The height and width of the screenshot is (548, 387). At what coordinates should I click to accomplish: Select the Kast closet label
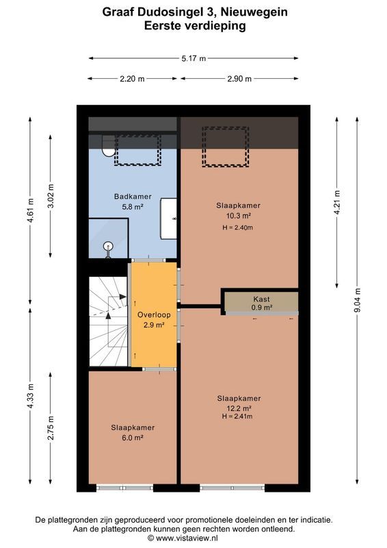[261, 299]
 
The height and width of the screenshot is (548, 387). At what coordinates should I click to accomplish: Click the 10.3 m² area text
[239, 216]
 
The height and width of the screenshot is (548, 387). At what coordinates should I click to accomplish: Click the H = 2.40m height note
[239, 227]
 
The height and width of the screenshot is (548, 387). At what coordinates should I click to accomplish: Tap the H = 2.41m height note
[239, 417]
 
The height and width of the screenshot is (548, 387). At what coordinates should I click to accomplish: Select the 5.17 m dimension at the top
[193, 59]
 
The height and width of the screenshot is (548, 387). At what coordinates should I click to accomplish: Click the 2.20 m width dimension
[132, 79]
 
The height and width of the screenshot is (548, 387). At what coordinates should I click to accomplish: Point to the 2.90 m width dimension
[240, 79]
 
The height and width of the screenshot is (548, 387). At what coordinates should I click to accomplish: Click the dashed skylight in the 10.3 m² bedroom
[224, 147]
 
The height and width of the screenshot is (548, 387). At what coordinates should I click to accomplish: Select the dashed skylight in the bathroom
[137, 149]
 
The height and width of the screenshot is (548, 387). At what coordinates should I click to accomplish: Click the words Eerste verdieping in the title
[194, 26]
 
